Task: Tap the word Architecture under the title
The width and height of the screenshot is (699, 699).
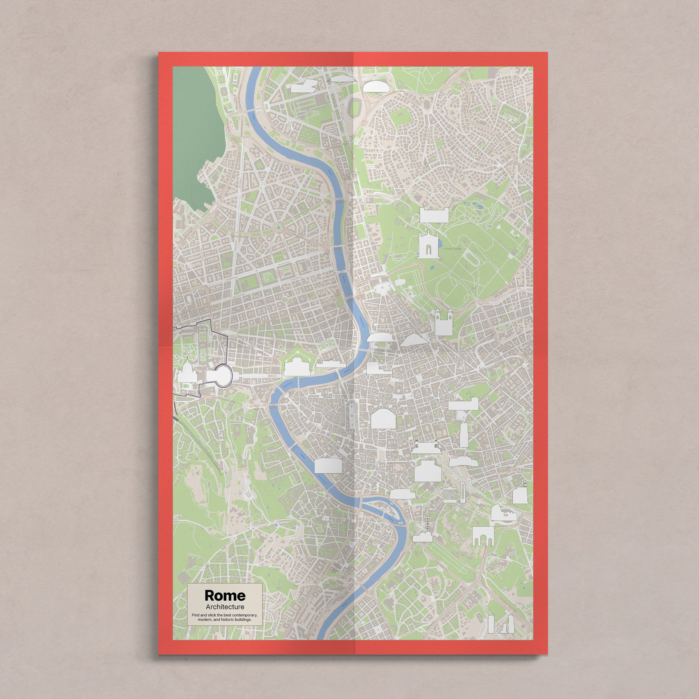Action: [225, 607]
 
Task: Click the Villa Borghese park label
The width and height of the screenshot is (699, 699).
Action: [452, 249]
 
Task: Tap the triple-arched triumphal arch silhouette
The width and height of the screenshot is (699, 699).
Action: [483, 536]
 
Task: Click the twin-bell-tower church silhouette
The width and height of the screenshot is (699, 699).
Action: [444, 322]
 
